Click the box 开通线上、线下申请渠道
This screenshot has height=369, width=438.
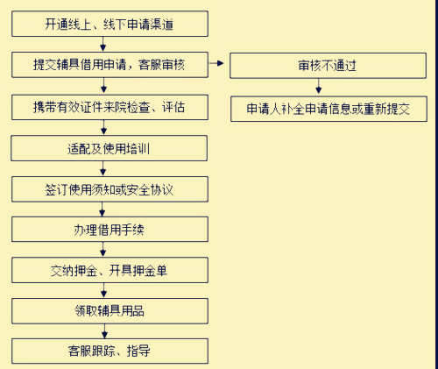109,24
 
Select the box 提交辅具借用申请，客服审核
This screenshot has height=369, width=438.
109,65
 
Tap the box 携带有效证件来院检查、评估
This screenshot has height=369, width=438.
109,107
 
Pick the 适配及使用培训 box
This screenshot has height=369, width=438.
109,148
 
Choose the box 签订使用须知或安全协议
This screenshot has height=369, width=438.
109,189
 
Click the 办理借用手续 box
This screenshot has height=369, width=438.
109,230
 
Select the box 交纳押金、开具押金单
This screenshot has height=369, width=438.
109,270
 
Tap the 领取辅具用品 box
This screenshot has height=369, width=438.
109,311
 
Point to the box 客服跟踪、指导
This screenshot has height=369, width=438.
109,351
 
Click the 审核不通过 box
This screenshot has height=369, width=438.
328,66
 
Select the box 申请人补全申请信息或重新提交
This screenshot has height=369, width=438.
328,109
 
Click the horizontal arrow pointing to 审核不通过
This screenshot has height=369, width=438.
216,63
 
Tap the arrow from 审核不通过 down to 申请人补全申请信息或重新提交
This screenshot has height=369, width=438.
319,86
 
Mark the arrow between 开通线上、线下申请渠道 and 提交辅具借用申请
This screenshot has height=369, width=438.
102,44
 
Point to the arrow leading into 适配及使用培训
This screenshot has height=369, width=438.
103,127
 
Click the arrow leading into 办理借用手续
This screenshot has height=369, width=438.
102,209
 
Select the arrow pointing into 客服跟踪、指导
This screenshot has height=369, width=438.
104,331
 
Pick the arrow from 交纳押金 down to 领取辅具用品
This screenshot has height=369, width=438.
103,290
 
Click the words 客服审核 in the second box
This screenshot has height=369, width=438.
162,65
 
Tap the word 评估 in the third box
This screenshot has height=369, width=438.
173,107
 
